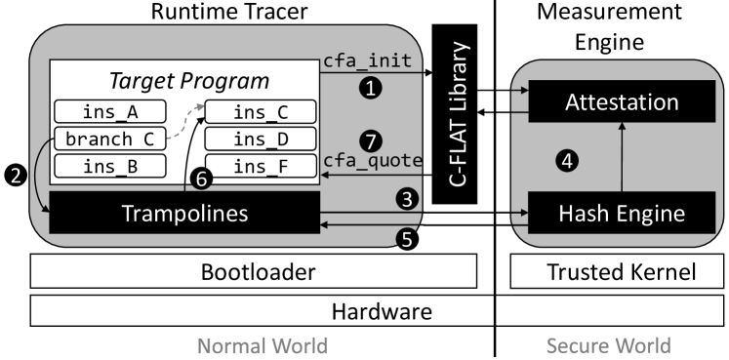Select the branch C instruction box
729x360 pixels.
point(109,139)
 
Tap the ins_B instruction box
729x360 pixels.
point(109,166)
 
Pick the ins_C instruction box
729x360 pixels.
point(260,111)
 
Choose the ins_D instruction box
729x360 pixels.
point(260,139)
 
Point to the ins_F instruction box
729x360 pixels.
point(260,166)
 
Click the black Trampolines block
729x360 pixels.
point(184,212)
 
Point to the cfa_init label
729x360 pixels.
point(366,61)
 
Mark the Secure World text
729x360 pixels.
point(608,345)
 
